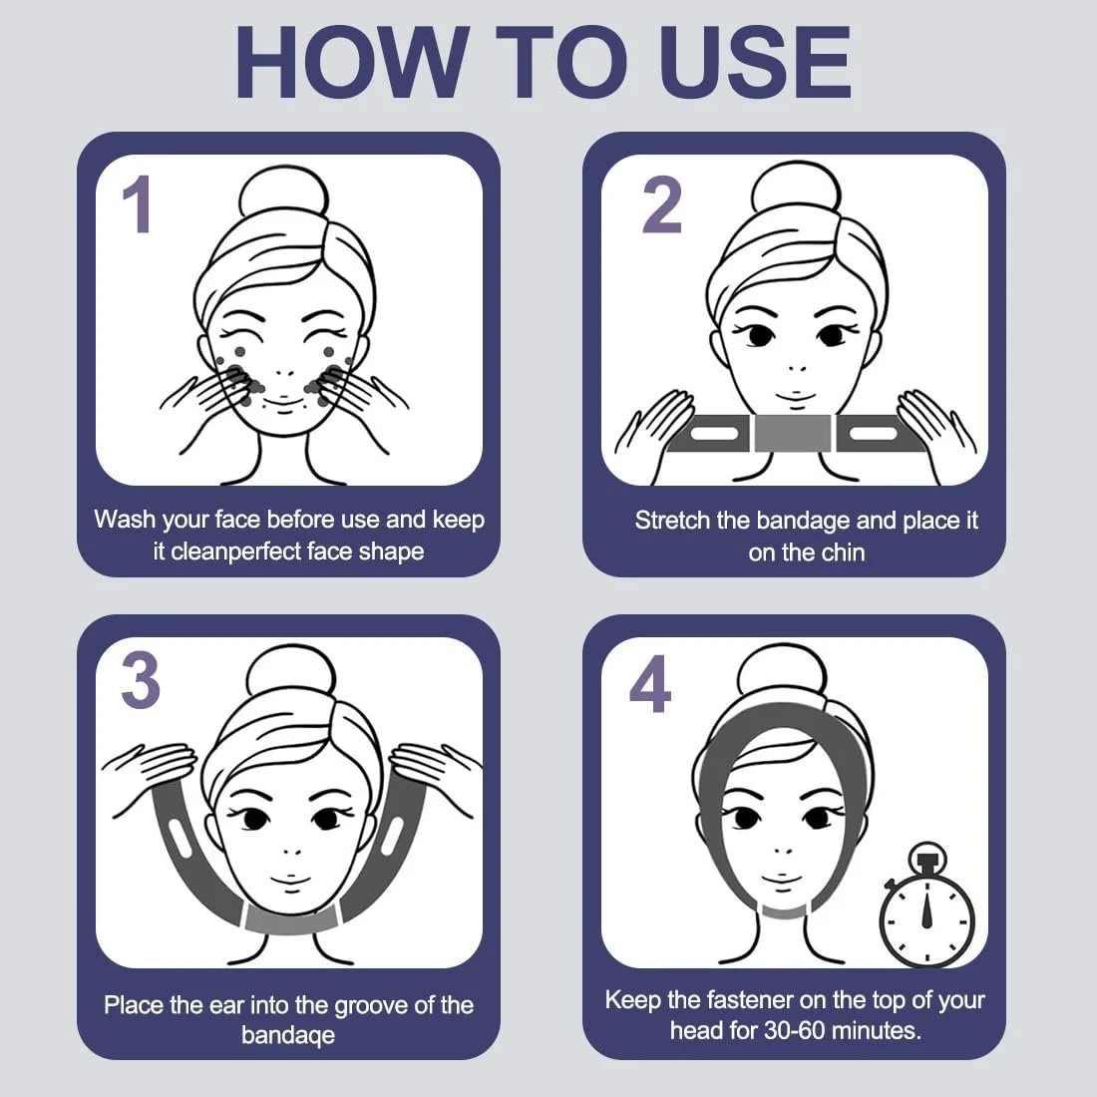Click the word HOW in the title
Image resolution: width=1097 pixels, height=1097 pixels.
(352, 62)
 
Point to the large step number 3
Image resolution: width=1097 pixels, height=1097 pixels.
(141, 681)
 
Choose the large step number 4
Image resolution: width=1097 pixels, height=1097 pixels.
(650, 683)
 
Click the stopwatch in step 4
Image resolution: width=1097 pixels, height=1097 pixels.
(926, 906)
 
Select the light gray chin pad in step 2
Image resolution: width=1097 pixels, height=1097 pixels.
(793, 432)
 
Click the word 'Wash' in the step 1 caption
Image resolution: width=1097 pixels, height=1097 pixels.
(125, 520)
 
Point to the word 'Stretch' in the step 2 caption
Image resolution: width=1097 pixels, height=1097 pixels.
(672, 521)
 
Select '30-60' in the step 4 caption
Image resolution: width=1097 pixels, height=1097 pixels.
(796, 1030)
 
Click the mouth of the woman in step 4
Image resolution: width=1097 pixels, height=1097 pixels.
(777, 878)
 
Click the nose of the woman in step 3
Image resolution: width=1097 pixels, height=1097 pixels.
(293, 851)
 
